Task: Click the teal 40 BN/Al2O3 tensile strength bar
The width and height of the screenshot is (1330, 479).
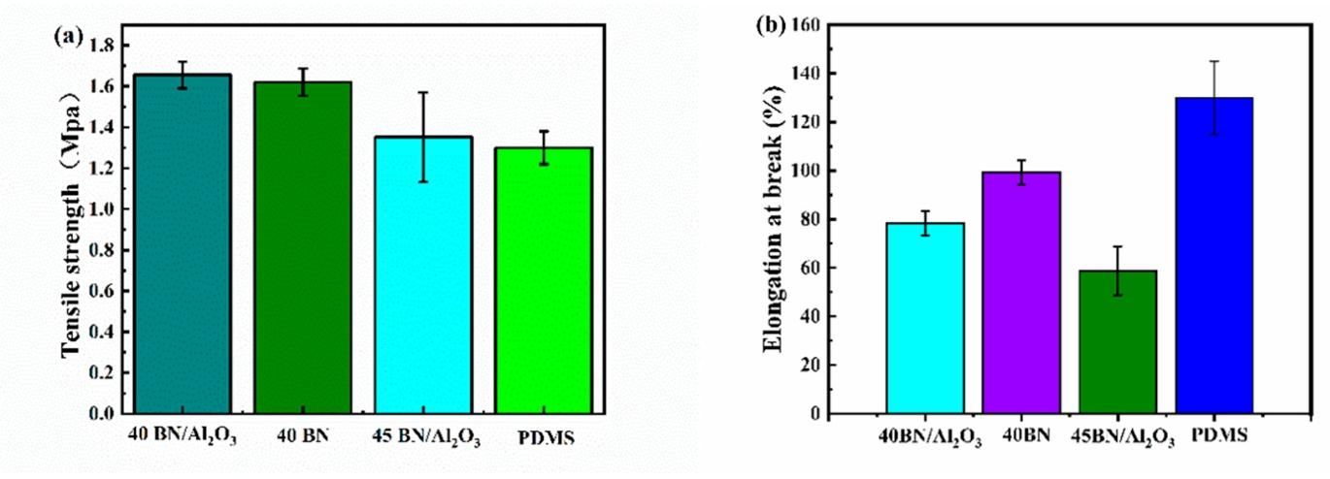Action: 183,243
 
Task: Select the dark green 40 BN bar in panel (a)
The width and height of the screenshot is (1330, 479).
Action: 303,247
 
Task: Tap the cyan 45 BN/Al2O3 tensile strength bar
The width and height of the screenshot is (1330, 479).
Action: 423,275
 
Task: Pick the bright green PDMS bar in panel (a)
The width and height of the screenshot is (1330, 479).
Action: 544,280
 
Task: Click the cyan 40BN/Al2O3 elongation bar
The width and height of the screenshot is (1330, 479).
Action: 925,318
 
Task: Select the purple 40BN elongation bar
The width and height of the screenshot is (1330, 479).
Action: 1021,292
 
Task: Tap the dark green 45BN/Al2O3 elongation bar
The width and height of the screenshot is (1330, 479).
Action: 1117,341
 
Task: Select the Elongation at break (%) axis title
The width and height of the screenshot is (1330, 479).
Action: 773,219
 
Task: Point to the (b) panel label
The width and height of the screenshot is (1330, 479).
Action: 770,24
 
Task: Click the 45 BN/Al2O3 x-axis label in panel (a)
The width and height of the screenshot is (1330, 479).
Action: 426,438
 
